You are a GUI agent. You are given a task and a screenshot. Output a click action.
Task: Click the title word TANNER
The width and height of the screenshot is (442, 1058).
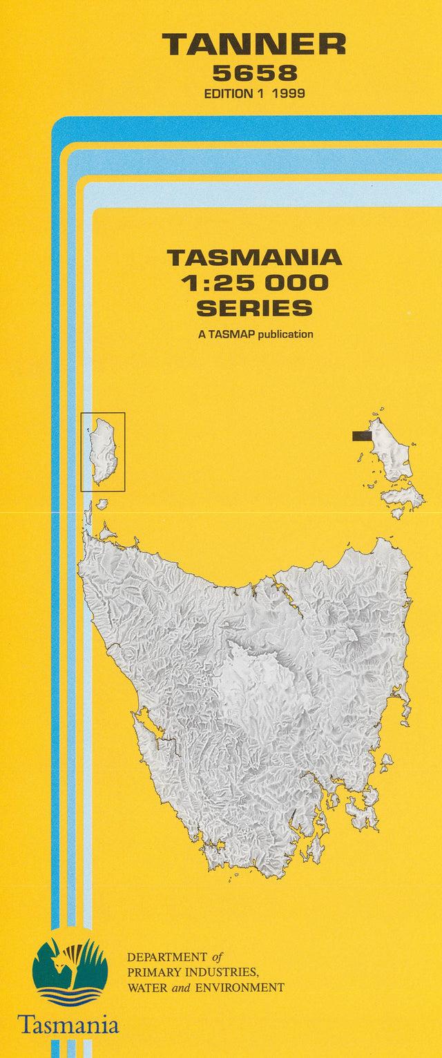click(x=254, y=46)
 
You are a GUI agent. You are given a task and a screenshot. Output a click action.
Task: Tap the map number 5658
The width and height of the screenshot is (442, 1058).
click(x=255, y=73)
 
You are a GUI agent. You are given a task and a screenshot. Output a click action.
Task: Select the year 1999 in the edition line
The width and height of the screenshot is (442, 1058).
click(x=289, y=93)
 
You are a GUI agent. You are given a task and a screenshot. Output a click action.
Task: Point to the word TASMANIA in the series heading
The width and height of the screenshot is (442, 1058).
click(x=254, y=258)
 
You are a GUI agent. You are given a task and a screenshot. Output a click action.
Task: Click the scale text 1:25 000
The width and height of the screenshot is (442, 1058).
click(x=254, y=282)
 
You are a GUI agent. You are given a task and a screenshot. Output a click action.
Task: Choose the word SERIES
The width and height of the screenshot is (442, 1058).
click(x=254, y=307)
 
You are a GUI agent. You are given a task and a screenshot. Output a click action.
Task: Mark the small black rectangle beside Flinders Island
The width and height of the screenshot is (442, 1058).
click(x=361, y=436)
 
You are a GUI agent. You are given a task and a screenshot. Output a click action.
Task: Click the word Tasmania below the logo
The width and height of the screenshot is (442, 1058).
click(x=68, y=1023)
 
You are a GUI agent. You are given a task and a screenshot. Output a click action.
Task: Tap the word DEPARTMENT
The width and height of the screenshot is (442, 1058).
click(x=166, y=958)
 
